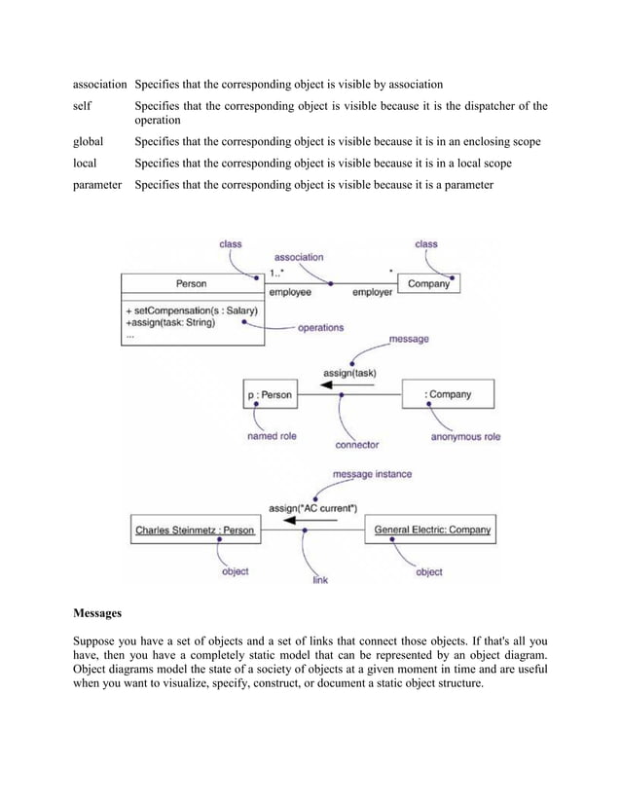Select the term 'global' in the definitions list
88,142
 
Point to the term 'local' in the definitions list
85,164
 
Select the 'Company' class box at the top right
428,284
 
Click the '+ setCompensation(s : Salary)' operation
191,310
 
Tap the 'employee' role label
290,291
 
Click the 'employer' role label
372,291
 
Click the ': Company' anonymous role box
448,395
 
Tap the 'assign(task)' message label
348,372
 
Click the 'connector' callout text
357,445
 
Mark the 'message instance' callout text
372,474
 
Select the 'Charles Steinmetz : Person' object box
194,530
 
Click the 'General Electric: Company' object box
433,530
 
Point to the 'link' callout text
319,580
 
